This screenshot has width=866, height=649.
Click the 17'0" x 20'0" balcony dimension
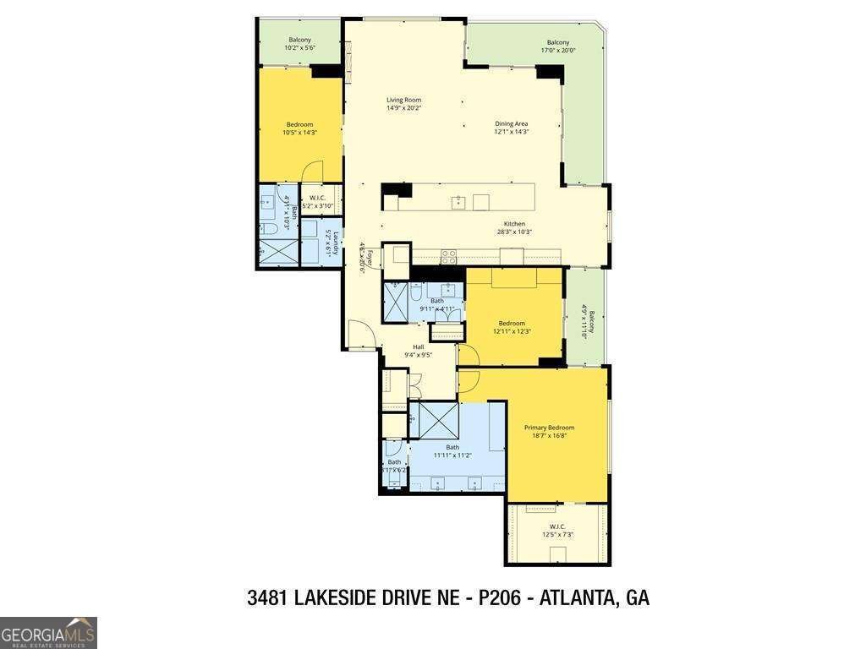pyautogui.click(x=557, y=50)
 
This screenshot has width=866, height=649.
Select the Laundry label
pyautogui.click(x=336, y=243)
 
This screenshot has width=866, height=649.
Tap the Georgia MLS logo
pyautogui.click(x=48, y=632)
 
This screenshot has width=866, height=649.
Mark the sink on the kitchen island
pyautogui.click(x=459, y=201)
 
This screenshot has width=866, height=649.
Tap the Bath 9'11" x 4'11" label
pyautogui.click(x=436, y=304)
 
